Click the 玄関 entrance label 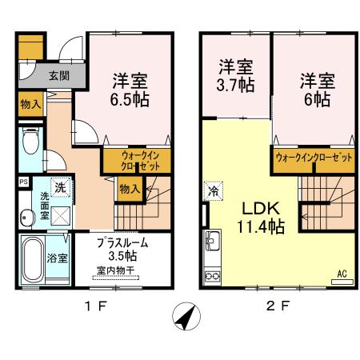58,77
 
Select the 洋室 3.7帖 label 236,74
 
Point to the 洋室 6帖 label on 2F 316,90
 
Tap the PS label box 22,182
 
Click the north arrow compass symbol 186,317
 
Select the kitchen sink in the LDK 213,239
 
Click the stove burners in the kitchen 213,276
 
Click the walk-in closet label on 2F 314,158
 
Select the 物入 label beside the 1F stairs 129,189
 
